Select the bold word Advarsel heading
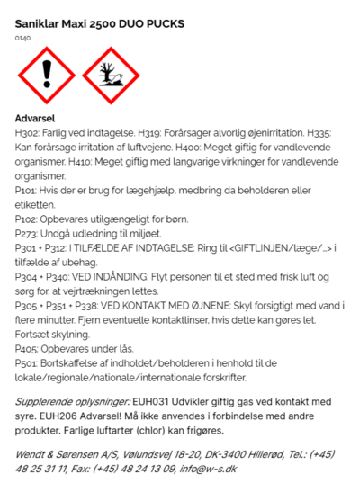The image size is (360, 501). pyautogui.click(x=36, y=118)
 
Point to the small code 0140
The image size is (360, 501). pyautogui.click(x=22, y=38)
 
